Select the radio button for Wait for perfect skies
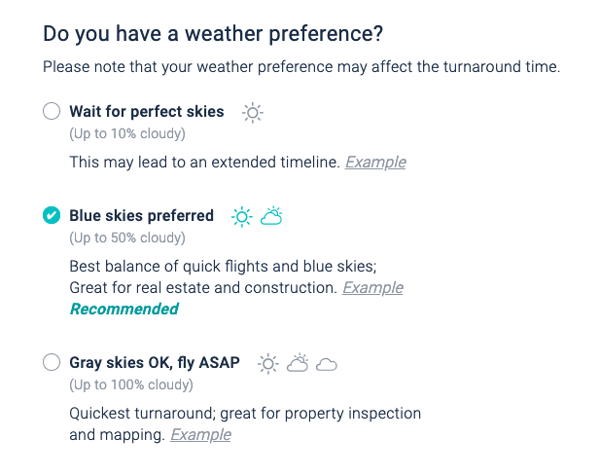point(52,112)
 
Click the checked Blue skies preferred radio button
point(52,216)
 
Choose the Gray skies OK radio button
point(52,363)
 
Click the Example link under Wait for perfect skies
point(375,163)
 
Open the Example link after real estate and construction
point(372,288)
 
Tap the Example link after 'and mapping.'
point(200,435)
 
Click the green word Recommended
point(124,310)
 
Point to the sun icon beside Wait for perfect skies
point(252,112)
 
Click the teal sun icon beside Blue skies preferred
point(241,216)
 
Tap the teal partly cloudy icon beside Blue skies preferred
point(271,215)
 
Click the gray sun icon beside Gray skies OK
point(267,364)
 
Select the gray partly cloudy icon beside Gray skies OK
point(298,363)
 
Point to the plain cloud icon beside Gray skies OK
point(327,365)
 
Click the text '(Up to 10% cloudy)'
point(126,133)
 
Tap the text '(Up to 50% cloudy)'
point(126,237)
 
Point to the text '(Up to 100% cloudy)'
point(130,385)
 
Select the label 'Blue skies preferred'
point(142,216)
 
